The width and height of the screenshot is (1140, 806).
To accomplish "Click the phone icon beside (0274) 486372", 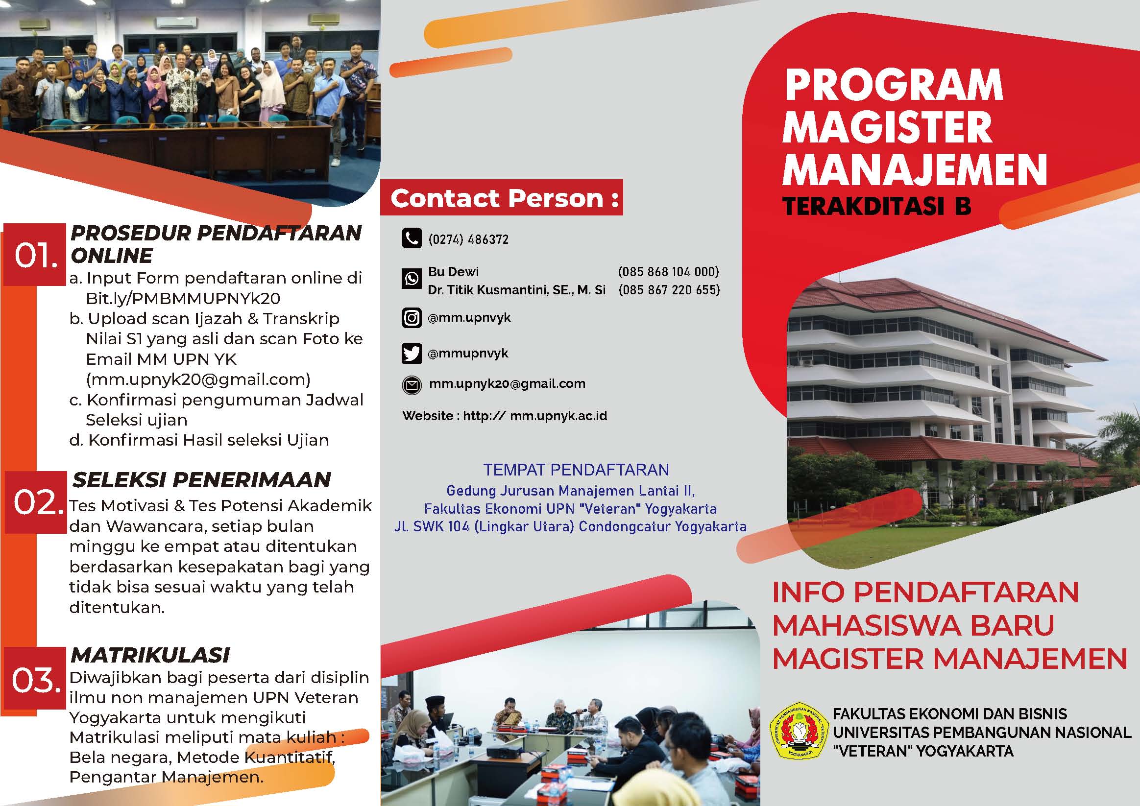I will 411,238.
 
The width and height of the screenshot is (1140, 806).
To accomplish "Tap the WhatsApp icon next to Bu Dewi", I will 411,279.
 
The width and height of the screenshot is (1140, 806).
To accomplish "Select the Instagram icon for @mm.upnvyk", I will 411,317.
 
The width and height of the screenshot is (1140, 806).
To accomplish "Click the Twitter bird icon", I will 411,354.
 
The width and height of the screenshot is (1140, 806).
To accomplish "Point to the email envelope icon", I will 411,384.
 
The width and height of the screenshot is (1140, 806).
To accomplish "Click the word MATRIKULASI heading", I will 150,655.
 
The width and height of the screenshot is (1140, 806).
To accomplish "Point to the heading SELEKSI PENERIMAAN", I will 201,479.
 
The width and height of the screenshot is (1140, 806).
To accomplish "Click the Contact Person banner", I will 502,197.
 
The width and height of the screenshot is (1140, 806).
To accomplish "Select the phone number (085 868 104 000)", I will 668,271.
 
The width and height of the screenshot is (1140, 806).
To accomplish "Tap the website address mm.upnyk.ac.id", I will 558,415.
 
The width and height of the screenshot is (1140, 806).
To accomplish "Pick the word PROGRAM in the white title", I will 894,85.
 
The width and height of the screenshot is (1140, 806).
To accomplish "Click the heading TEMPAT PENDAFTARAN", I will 576,470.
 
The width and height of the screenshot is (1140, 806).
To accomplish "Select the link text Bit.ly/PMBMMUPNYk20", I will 183,298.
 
